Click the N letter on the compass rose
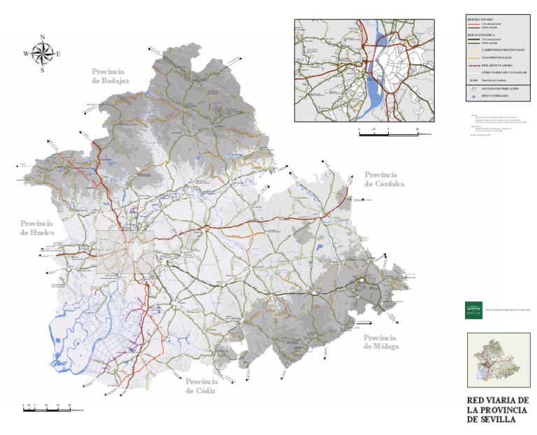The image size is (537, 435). pyautogui.click(x=43, y=38)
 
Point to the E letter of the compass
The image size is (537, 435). pyautogui.click(x=58, y=54)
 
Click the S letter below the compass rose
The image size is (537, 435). pyautogui.click(x=43, y=69)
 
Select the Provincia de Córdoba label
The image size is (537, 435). pyautogui.click(x=380, y=179)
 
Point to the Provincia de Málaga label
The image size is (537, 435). pyautogui.click(x=381, y=342)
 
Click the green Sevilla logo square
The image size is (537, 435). pyautogui.click(x=473, y=309)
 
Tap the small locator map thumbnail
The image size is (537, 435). pyautogui.click(x=497, y=359)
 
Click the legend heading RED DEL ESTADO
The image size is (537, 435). pyautogui.click(x=480, y=19)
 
